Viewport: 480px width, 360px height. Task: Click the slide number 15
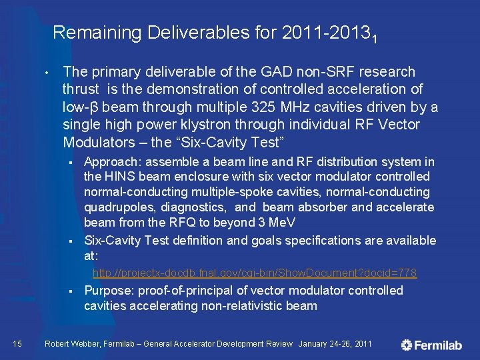pos(18,343)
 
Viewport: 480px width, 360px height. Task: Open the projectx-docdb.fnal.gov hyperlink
pos(255,273)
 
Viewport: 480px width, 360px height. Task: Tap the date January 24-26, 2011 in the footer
pos(335,344)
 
